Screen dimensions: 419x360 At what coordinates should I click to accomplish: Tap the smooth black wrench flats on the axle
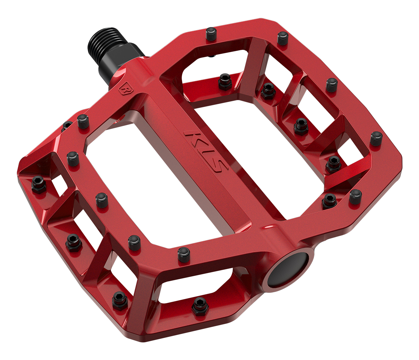(x=122, y=61)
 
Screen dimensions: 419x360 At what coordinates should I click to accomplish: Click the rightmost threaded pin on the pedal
(x=376, y=138)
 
